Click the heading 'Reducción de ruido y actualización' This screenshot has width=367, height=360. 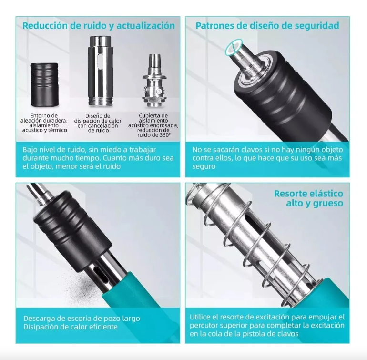[x=99, y=26]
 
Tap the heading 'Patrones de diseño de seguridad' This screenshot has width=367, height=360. [x=267, y=26]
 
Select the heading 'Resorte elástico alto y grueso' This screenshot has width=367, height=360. [x=308, y=198]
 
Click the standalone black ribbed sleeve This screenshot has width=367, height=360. [x=44, y=84]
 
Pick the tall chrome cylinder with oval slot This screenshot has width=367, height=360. [x=100, y=70]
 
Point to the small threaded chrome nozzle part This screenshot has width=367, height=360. [x=154, y=81]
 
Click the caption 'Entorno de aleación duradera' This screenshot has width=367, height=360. [x=44, y=123]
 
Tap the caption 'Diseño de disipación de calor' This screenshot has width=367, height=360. [x=98, y=123]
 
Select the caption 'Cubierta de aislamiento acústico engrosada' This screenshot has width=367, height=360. [x=153, y=125]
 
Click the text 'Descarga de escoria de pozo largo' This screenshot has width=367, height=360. [x=82, y=319]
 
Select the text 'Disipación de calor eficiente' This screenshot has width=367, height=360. [x=71, y=327]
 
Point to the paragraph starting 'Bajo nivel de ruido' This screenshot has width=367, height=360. [x=98, y=158]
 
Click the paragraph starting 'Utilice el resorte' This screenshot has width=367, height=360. [x=267, y=325]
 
